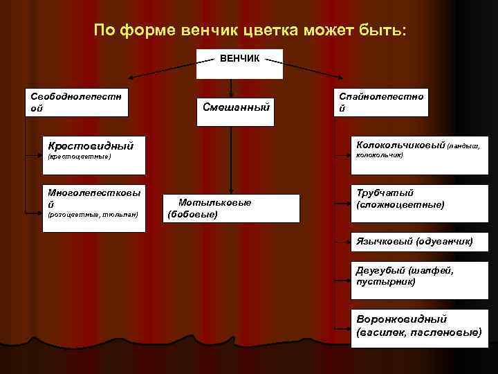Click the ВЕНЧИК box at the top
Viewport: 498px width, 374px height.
(x=239, y=64)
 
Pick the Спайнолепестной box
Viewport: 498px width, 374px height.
(x=379, y=103)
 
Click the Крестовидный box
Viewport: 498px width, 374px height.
(x=93, y=150)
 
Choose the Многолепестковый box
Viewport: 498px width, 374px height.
(x=93, y=202)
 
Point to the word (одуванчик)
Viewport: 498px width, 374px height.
(x=445, y=241)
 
